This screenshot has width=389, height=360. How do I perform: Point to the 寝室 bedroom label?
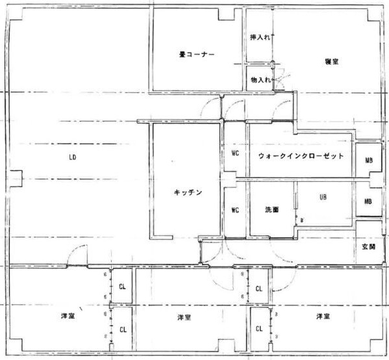coord(332,61)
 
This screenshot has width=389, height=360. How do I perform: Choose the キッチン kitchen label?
coord(189,192)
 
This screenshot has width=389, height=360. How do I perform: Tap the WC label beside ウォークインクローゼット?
coord(236,154)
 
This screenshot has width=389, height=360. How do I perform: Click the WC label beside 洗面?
coord(236,210)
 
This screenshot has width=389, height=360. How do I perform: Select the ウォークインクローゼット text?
coord(300,157)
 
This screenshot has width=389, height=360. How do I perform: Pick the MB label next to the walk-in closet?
coord(368,161)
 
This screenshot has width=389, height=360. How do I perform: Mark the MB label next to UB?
coord(368,201)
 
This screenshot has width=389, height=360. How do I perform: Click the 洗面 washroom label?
coord(272,210)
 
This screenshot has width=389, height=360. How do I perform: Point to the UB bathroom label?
coord(322,196)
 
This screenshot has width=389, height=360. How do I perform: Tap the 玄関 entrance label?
coord(369,248)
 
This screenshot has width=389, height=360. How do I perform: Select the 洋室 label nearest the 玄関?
coord(323,316)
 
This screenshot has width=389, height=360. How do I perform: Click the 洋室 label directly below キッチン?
coord(184,317)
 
